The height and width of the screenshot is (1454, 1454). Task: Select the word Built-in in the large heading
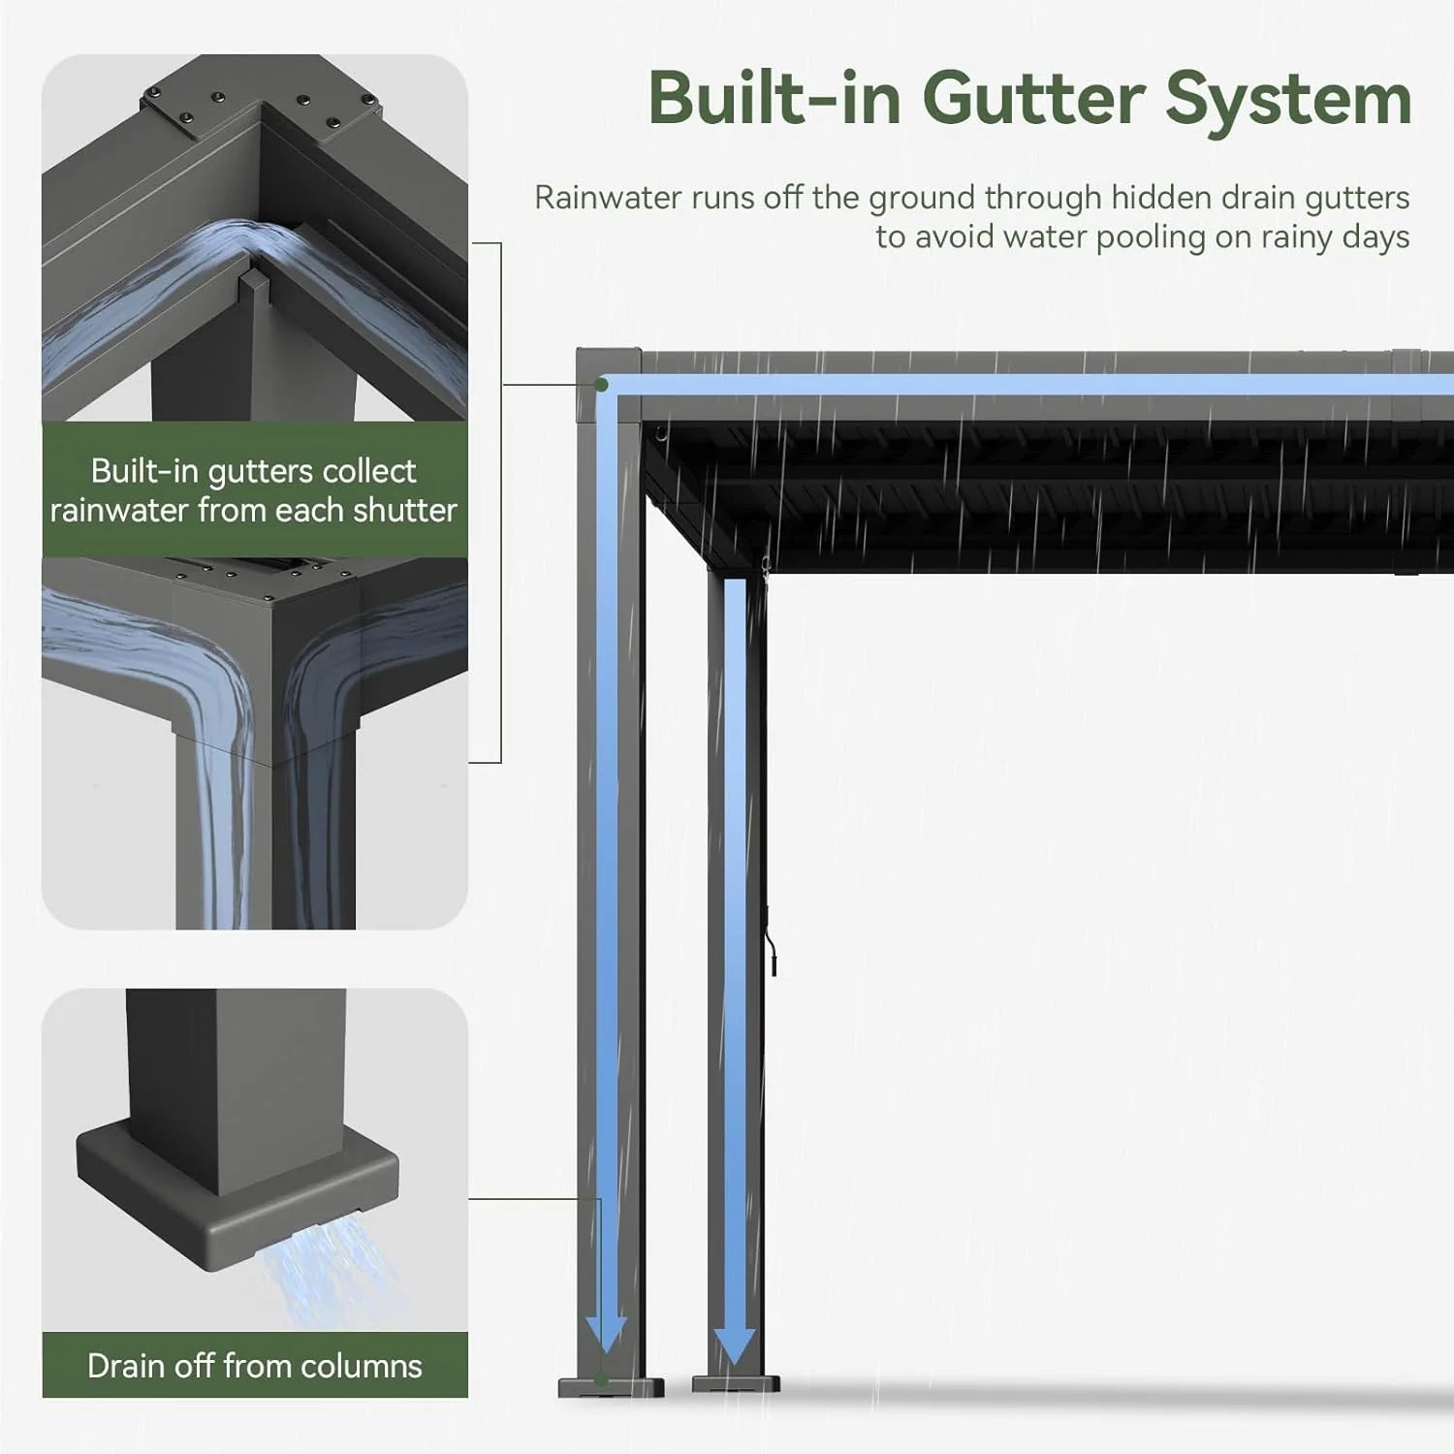click(x=775, y=99)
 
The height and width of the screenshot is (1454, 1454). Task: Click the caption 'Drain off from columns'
click(x=254, y=1366)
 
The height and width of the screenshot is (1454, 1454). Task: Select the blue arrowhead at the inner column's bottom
click(x=735, y=1343)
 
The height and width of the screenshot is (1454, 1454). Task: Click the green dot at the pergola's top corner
click(x=602, y=385)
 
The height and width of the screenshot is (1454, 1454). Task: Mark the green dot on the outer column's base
click(x=603, y=1380)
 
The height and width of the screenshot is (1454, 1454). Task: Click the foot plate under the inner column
click(x=736, y=1384)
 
